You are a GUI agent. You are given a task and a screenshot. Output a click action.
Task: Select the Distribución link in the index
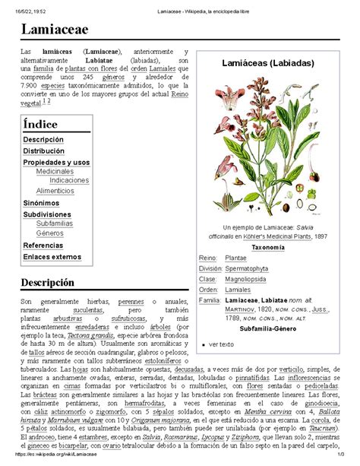coord(46,151)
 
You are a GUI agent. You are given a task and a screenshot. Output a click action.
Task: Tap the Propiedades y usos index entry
coord(56,162)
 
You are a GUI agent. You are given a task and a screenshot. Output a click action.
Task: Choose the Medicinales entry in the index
coord(55,172)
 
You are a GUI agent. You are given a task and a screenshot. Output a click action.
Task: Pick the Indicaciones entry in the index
coord(70,181)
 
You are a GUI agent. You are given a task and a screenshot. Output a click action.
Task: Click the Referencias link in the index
coord(43,246)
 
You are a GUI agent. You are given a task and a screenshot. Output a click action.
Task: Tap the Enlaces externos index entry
coord(52,257)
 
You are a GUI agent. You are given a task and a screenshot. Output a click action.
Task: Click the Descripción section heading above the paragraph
coord(47,281)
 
